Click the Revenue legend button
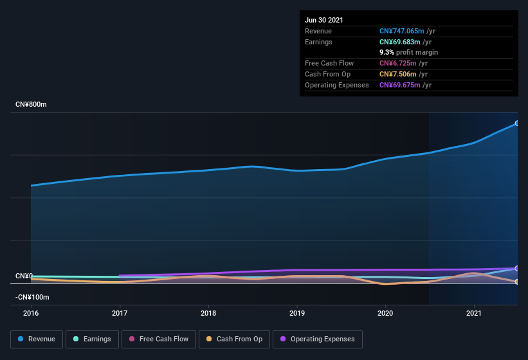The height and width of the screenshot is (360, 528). point(37,339)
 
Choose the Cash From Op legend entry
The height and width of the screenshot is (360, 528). point(234,339)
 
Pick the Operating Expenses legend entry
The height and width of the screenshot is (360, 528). point(317,339)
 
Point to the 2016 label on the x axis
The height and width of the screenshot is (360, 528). point(31,313)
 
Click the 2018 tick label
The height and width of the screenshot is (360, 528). point(208,313)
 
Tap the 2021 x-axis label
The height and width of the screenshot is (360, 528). point(474,313)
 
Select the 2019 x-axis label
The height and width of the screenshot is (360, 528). point(297,313)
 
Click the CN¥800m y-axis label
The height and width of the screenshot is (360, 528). point(31,104)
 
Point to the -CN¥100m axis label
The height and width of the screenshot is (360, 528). point(32,298)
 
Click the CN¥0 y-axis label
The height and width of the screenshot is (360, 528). point(24,276)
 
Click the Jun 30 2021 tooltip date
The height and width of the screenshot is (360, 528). point(324,20)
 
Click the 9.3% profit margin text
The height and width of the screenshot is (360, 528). point(408,52)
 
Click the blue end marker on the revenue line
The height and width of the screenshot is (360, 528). point(517,123)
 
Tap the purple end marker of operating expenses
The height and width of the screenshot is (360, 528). point(517,268)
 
